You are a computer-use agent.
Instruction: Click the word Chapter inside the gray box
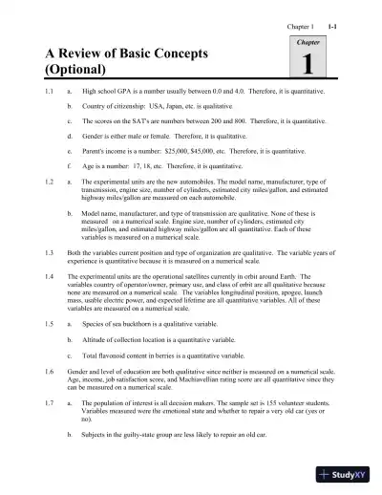307,44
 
